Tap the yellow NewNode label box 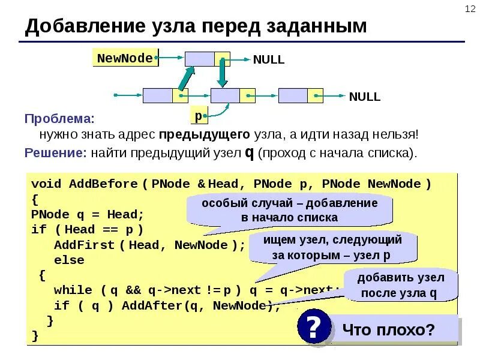(x=125, y=58)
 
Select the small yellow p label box (x=198, y=115)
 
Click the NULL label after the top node (x=268, y=59)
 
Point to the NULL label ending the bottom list (x=364, y=97)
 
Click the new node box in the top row (x=207, y=59)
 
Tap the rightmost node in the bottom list (x=301, y=95)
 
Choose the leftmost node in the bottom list (x=165, y=95)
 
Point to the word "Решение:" (x=56, y=152)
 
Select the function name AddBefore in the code (x=103, y=184)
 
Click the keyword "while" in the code (x=73, y=290)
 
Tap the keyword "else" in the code (x=69, y=260)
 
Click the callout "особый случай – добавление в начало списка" (x=289, y=210)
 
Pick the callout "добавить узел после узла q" (x=400, y=285)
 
